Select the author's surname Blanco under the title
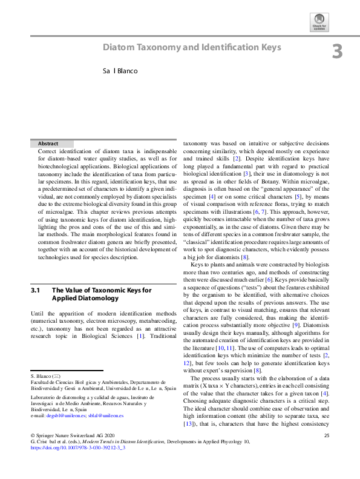tap(128, 71)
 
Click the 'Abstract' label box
tap(48, 144)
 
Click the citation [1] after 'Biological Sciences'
tap(141, 335)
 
